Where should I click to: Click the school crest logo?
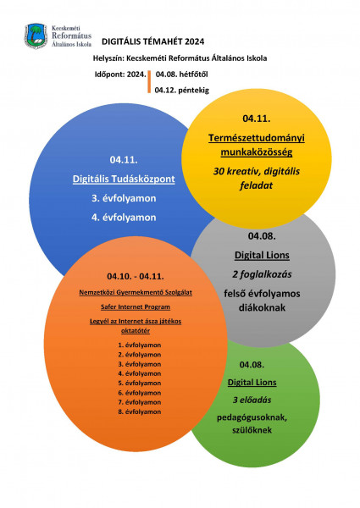(x=36, y=36)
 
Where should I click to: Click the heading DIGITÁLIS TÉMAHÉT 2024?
(x=153, y=41)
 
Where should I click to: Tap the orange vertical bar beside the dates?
(x=149, y=81)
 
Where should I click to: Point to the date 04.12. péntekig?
(x=182, y=90)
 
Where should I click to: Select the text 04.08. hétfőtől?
(x=182, y=75)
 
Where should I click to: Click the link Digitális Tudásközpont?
(x=124, y=179)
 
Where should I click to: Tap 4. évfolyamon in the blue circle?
(x=124, y=217)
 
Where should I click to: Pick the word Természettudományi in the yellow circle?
(x=257, y=138)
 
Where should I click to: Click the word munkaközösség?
(x=257, y=152)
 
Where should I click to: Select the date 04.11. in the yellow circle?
(x=257, y=119)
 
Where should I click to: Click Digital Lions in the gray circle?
(x=262, y=256)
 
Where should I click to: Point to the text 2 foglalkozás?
(x=262, y=274)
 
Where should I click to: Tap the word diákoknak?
(x=262, y=307)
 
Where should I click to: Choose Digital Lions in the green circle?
(x=252, y=383)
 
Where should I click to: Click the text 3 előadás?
(x=252, y=400)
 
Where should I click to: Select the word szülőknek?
(x=252, y=430)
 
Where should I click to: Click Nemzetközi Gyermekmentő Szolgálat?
(x=136, y=293)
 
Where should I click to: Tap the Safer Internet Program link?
(x=136, y=306)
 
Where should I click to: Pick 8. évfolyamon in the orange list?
(x=139, y=411)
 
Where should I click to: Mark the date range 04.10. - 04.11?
(x=136, y=276)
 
